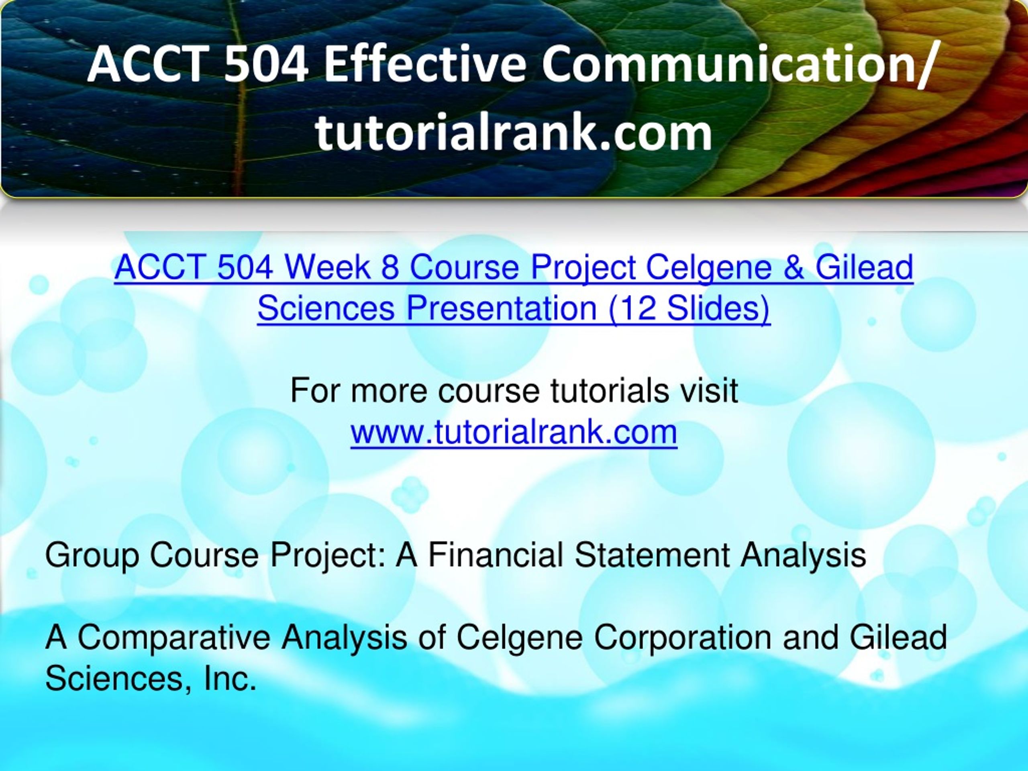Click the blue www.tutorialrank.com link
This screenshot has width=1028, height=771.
pyautogui.click(x=514, y=432)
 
